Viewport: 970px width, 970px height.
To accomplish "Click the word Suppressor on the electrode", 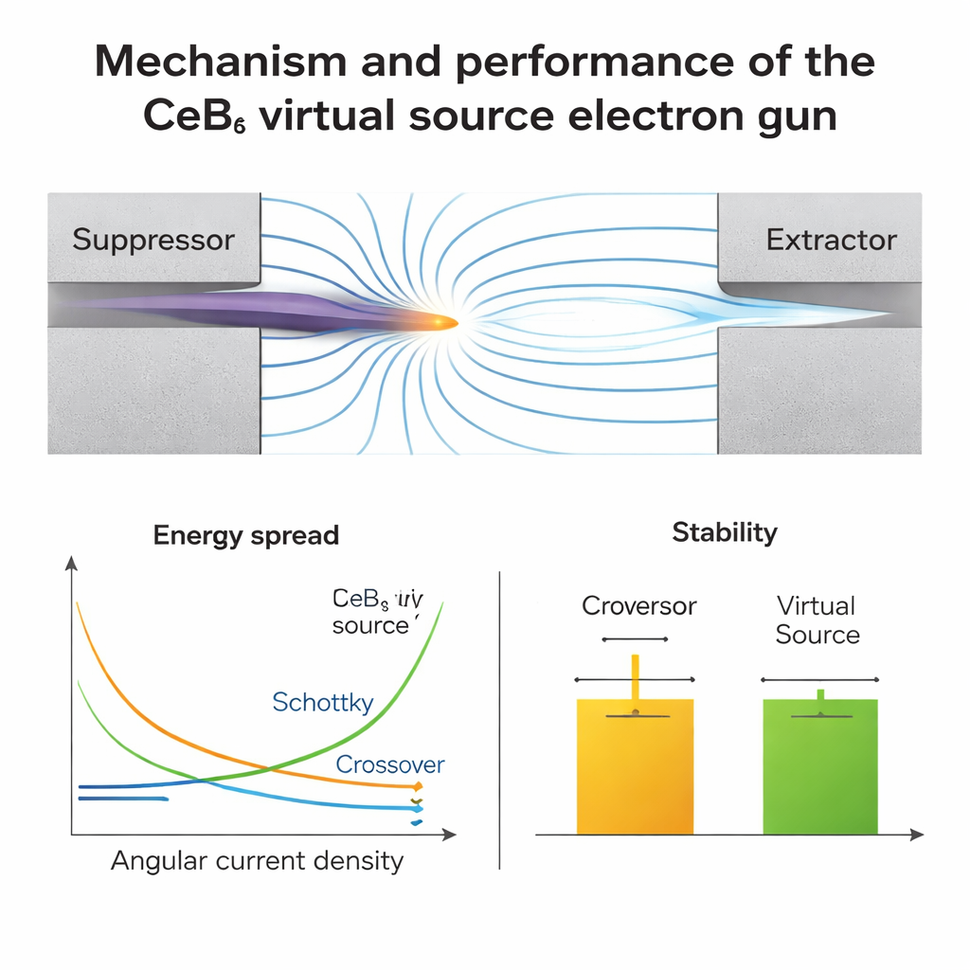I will [x=153, y=240].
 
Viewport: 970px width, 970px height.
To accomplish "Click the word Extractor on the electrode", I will [x=831, y=240].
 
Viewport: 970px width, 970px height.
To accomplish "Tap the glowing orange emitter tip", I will [x=443, y=323].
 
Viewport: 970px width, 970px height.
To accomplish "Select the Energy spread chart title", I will [x=245, y=535].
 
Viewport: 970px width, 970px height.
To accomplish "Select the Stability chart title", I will [x=724, y=532].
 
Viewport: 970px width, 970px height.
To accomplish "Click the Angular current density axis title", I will [x=257, y=860].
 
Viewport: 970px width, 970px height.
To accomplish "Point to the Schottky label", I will [x=322, y=703].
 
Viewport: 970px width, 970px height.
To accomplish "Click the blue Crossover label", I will [x=390, y=764].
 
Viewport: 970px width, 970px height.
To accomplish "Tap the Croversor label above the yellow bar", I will [x=638, y=606].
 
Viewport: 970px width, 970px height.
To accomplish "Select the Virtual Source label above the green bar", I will [x=817, y=620].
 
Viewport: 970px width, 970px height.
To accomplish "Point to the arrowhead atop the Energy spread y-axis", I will [x=71, y=563].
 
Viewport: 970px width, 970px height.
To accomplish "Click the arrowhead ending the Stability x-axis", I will [x=916, y=835].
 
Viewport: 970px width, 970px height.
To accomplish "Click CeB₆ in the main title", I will [x=195, y=116].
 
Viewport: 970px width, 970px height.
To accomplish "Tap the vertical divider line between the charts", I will [x=499, y=720].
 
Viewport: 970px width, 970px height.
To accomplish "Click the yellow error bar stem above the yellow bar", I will [x=635, y=676].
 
